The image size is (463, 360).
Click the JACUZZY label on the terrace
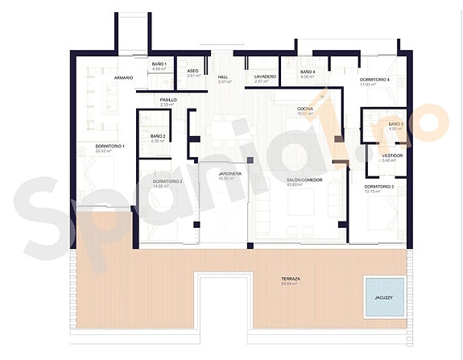(x=383, y=297)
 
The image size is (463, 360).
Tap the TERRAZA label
(x=291, y=279)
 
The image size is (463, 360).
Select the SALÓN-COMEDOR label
(x=304, y=180)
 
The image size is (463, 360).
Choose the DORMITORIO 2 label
(x=167, y=182)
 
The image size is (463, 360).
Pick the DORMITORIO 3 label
(x=378, y=186)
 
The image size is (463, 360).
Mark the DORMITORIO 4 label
(x=375, y=80)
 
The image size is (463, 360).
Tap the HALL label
(x=223, y=77)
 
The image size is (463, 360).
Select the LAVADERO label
(x=266, y=77)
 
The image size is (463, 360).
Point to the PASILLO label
(x=168, y=100)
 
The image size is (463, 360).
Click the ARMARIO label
(x=123, y=77)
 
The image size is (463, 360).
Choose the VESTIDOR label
(x=392, y=155)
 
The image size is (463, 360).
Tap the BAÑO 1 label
(x=159, y=63)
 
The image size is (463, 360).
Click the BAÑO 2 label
(x=158, y=136)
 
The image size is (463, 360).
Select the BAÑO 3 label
(x=395, y=124)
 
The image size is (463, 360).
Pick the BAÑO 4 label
(x=308, y=72)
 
